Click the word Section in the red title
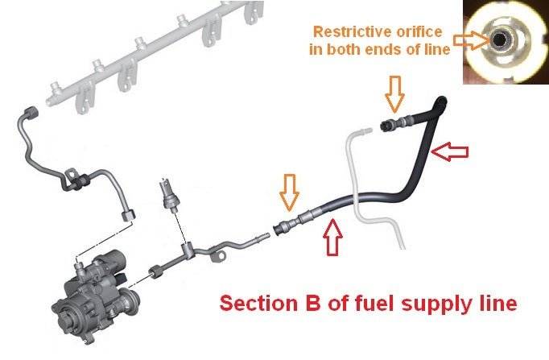(x=258, y=304)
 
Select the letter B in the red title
(x=309, y=304)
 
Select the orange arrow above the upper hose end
(x=394, y=93)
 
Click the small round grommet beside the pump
(x=152, y=267)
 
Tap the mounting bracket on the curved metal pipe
(x=75, y=179)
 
